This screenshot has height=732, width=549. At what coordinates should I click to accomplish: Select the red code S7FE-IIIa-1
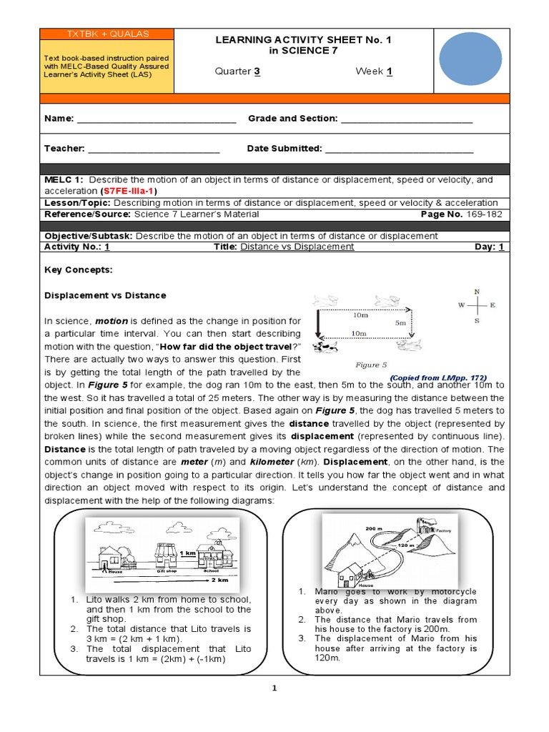[x=129, y=192]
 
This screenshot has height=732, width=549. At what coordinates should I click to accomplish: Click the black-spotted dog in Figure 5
[x=326, y=347]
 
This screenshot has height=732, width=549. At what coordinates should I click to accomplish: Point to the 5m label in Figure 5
[x=400, y=323]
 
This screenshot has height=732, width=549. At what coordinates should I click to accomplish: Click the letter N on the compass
[x=477, y=292]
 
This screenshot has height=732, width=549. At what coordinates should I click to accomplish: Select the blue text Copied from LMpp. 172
[x=438, y=377]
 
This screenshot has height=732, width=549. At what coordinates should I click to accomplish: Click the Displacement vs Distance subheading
[x=105, y=295]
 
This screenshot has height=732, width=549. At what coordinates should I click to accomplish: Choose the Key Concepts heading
[x=79, y=271]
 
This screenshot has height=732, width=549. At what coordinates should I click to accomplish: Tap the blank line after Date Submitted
[x=399, y=149]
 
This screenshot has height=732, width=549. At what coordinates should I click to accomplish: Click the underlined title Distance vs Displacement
[x=297, y=246]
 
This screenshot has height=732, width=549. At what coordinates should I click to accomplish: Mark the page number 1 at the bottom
[x=274, y=688]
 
